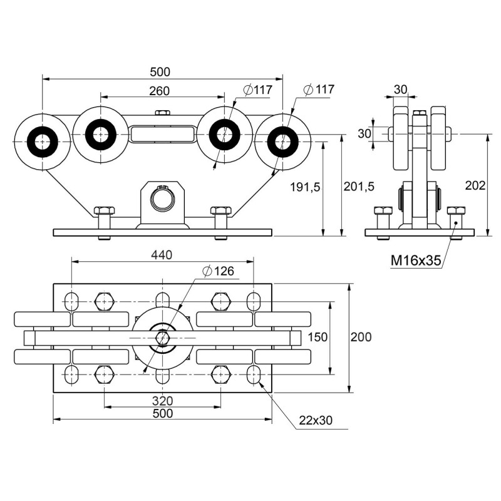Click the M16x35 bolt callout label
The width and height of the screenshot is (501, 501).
pyautogui.click(x=416, y=261)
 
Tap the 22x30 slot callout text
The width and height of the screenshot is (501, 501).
pyautogui.click(x=316, y=420)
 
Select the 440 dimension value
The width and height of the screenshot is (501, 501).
pyautogui.click(x=162, y=255)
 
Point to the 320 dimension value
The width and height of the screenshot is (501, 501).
pyautogui.click(x=162, y=401)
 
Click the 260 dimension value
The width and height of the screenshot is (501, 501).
pyautogui.click(x=159, y=91)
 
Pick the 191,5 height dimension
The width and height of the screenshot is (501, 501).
pyautogui.click(x=305, y=187)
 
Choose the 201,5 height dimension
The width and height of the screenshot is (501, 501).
pyautogui.click(x=359, y=186)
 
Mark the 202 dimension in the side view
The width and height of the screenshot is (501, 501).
pyautogui.click(x=475, y=185)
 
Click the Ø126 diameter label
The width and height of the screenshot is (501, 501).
pyautogui.click(x=218, y=271)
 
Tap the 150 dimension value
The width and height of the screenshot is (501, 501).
pyautogui.click(x=318, y=337)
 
